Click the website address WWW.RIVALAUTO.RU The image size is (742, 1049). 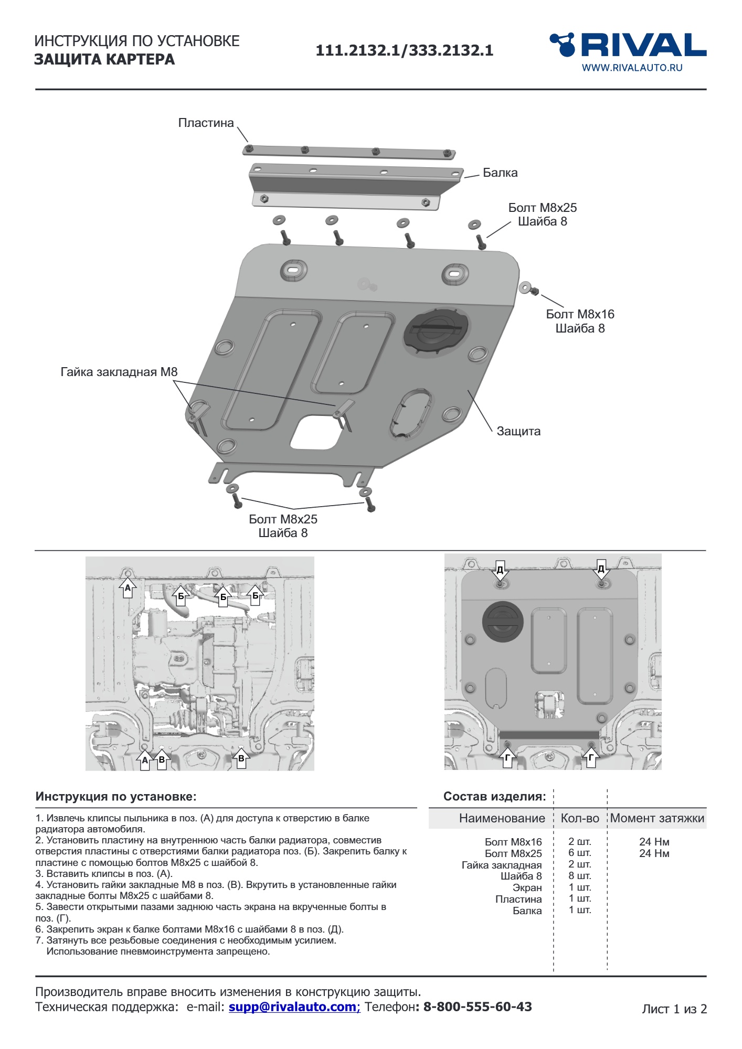(632, 68)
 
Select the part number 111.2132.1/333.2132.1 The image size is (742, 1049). (404, 50)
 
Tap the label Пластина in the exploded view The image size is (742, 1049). (206, 123)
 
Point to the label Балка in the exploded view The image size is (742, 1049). (500, 173)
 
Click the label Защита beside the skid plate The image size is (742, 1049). (518, 432)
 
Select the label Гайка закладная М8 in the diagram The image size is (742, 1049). (119, 372)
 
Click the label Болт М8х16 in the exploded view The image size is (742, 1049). (580, 315)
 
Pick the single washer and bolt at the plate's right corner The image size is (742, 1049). (528, 288)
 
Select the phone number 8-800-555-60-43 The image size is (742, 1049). (477, 1007)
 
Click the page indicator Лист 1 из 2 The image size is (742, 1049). (674, 1009)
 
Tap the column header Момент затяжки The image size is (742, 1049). (657, 819)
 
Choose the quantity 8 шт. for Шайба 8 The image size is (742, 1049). (579, 876)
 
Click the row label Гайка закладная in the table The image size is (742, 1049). (501, 865)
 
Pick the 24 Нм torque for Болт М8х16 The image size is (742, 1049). (654, 842)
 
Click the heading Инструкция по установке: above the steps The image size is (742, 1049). (116, 797)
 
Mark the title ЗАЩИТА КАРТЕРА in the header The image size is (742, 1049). (104, 60)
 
